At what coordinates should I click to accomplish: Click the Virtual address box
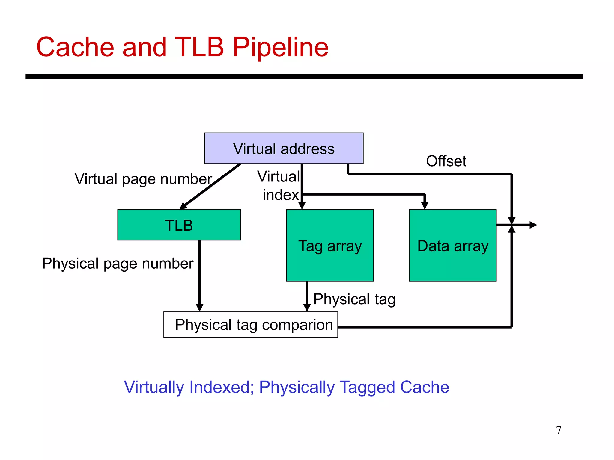click(284, 149)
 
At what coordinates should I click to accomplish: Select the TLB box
click(179, 225)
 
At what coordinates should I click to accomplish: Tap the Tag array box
click(330, 245)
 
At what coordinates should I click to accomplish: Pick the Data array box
click(452, 245)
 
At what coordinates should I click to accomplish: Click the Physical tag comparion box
click(251, 325)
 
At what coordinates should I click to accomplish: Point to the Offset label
click(446, 161)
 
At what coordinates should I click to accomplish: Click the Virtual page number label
click(143, 179)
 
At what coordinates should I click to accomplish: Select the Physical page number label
click(118, 264)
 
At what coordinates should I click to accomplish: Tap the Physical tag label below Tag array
click(354, 299)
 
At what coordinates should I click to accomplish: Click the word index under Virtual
click(281, 195)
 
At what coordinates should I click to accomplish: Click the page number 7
click(559, 430)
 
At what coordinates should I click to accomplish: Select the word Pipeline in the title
click(280, 47)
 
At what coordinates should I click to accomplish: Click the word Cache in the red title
click(75, 47)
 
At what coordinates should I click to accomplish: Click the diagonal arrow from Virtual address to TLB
click(210, 187)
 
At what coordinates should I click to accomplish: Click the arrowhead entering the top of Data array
click(425, 205)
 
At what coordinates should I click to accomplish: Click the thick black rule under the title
click(304, 77)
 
